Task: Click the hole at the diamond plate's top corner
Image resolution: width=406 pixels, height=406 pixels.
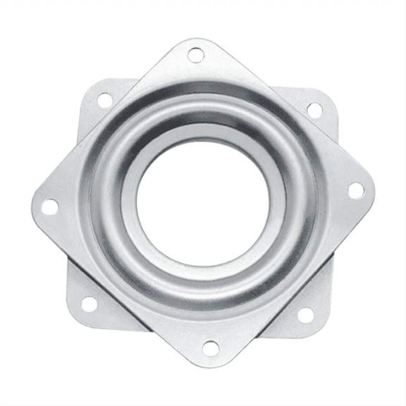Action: click(x=196, y=54)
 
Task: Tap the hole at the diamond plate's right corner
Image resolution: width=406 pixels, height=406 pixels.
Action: click(x=356, y=190)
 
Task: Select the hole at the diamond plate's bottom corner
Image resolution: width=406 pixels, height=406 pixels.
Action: click(x=210, y=347)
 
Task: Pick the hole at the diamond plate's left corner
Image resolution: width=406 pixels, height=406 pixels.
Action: click(x=50, y=207)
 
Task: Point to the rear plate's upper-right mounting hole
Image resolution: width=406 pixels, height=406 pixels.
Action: click(x=314, y=110)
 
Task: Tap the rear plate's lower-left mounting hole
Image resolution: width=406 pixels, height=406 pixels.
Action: click(x=90, y=304)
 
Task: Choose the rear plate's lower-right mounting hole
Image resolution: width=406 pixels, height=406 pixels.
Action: click(x=305, y=314)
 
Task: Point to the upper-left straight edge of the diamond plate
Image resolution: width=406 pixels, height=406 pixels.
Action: click(x=113, y=120)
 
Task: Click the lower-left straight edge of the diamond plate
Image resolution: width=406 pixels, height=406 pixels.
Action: click(x=120, y=289)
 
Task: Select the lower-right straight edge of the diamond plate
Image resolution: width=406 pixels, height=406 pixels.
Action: click(x=296, y=282)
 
